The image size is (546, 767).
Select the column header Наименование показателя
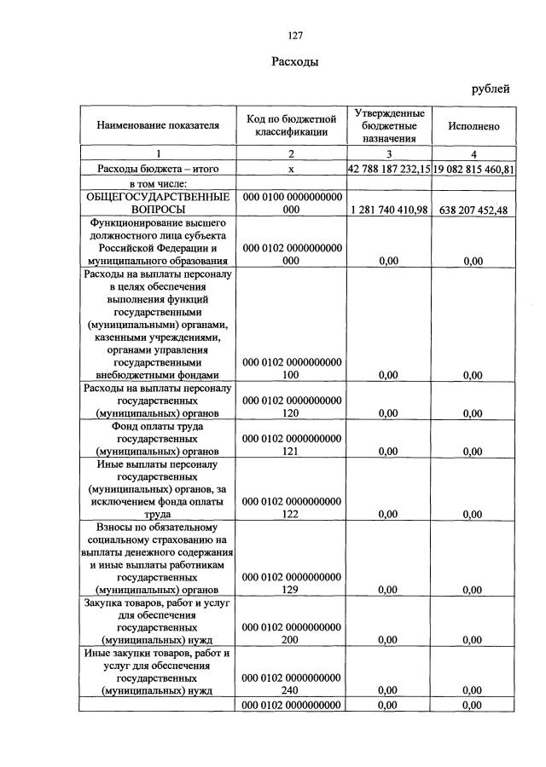click(158, 125)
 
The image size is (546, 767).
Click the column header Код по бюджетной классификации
click(292, 125)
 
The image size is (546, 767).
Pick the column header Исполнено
click(473, 125)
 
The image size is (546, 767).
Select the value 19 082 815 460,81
click(473, 169)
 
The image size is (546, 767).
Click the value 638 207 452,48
click(473, 210)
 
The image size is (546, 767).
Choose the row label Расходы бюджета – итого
click(158, 169)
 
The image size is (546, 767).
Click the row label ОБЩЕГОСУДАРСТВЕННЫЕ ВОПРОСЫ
click(158, 203)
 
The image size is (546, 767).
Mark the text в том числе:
click(158, 182)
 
